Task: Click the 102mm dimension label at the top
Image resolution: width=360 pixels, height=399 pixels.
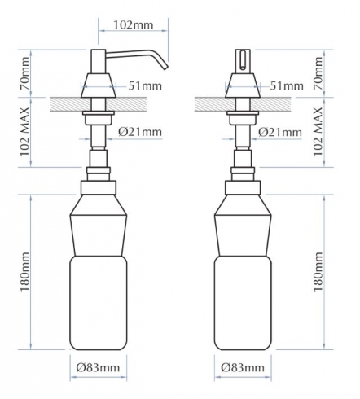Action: click(133, 25)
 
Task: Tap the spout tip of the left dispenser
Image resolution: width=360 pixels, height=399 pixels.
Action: click(165, 68)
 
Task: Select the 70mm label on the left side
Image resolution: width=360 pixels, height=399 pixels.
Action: click(24, 73)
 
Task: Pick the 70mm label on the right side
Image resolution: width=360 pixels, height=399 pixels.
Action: click(318, 73)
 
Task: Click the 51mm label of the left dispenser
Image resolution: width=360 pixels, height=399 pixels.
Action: click(145, 85)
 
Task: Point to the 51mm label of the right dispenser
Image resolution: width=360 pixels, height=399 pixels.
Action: click(287, 85)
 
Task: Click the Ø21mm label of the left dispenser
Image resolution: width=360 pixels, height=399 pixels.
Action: click(140, 132)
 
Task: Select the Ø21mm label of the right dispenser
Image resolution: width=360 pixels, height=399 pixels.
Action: click(280, 132)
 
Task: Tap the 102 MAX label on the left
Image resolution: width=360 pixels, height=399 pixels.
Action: click(24, 131)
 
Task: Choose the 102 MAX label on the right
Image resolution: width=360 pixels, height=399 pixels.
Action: click(318, 131)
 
